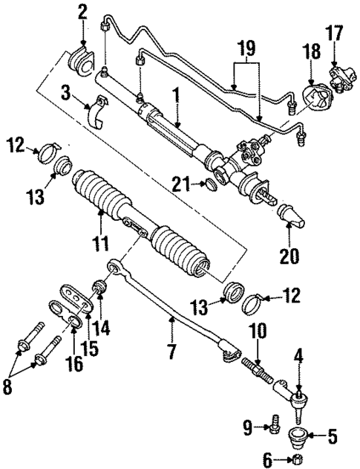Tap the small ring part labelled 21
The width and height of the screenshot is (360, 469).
211,184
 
